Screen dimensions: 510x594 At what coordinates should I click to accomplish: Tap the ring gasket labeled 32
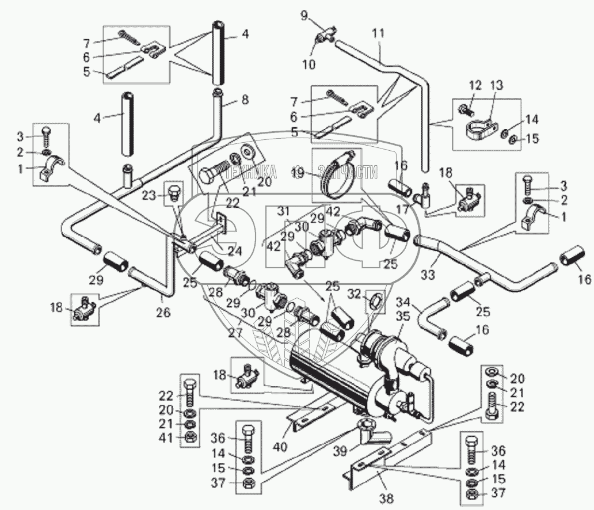click(x=373, y=300)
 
